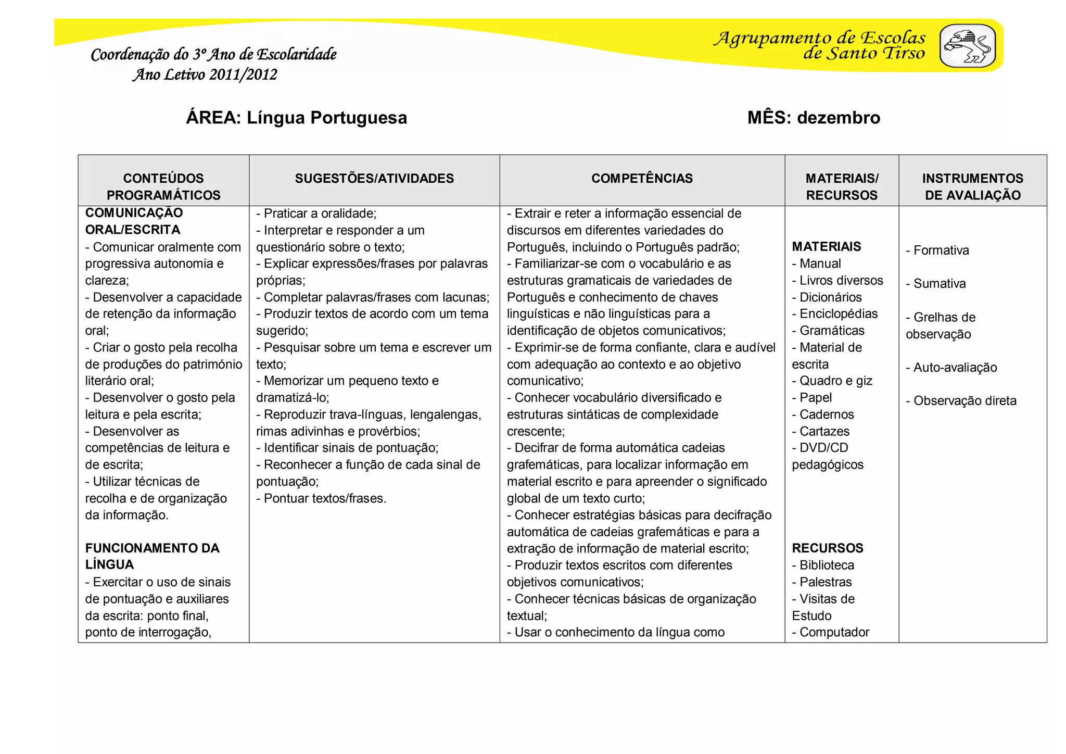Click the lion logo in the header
click(967, 46)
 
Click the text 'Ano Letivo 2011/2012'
click(205, 74)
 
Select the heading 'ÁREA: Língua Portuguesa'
click(296, 118)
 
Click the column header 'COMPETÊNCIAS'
click(641, 179)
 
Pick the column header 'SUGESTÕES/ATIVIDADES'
click(374, 179)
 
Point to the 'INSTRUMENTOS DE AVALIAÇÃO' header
click(972, 186)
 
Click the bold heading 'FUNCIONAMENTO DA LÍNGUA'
click(152, 556)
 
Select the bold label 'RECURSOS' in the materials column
click(827, 548)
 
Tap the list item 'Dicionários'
click(830, 297)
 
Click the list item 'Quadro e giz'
click(835, 381)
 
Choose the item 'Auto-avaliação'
click(955, 368)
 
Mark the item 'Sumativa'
click(939, 284)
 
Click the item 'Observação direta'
click(964, 401)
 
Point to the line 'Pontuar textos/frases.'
click(324, 498)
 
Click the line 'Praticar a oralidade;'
click(319, 213)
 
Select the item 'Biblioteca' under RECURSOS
click(827, 565)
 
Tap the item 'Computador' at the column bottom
click(834, 632)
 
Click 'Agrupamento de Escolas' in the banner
click(819, 38)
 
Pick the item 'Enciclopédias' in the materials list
click(838, 314)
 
